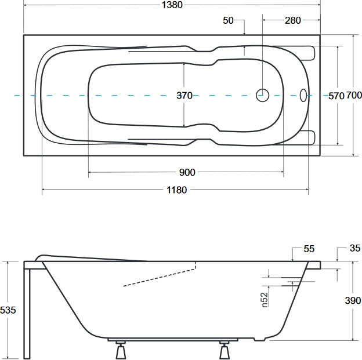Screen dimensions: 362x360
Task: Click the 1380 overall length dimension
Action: coord(172,5)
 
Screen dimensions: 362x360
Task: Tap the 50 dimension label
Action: coord(228,20)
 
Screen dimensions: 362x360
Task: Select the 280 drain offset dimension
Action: coord(293,20)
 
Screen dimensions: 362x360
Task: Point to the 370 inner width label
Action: coord(184,96)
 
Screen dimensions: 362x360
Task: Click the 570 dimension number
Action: coord(336,96)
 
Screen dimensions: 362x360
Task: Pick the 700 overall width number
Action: coord(354,95)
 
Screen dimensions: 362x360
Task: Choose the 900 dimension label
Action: coord(187,172)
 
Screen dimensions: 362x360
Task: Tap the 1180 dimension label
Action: coord(177,190)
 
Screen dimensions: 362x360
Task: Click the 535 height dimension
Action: coord(8,310)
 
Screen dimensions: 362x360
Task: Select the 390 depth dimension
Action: coord(353,300)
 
